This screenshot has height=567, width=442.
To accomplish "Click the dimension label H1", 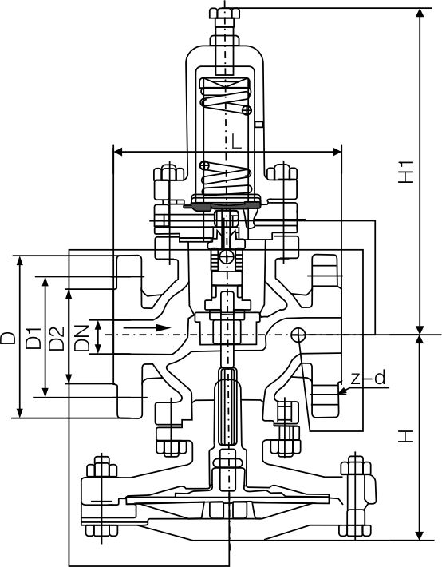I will (408, 172).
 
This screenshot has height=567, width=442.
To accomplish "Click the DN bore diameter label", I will (83, 338).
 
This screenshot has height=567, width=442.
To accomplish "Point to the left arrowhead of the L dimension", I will (117, 150).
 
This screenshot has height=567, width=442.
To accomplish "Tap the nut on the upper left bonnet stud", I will (168, 174).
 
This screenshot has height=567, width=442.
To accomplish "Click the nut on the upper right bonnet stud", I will (280, 174).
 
